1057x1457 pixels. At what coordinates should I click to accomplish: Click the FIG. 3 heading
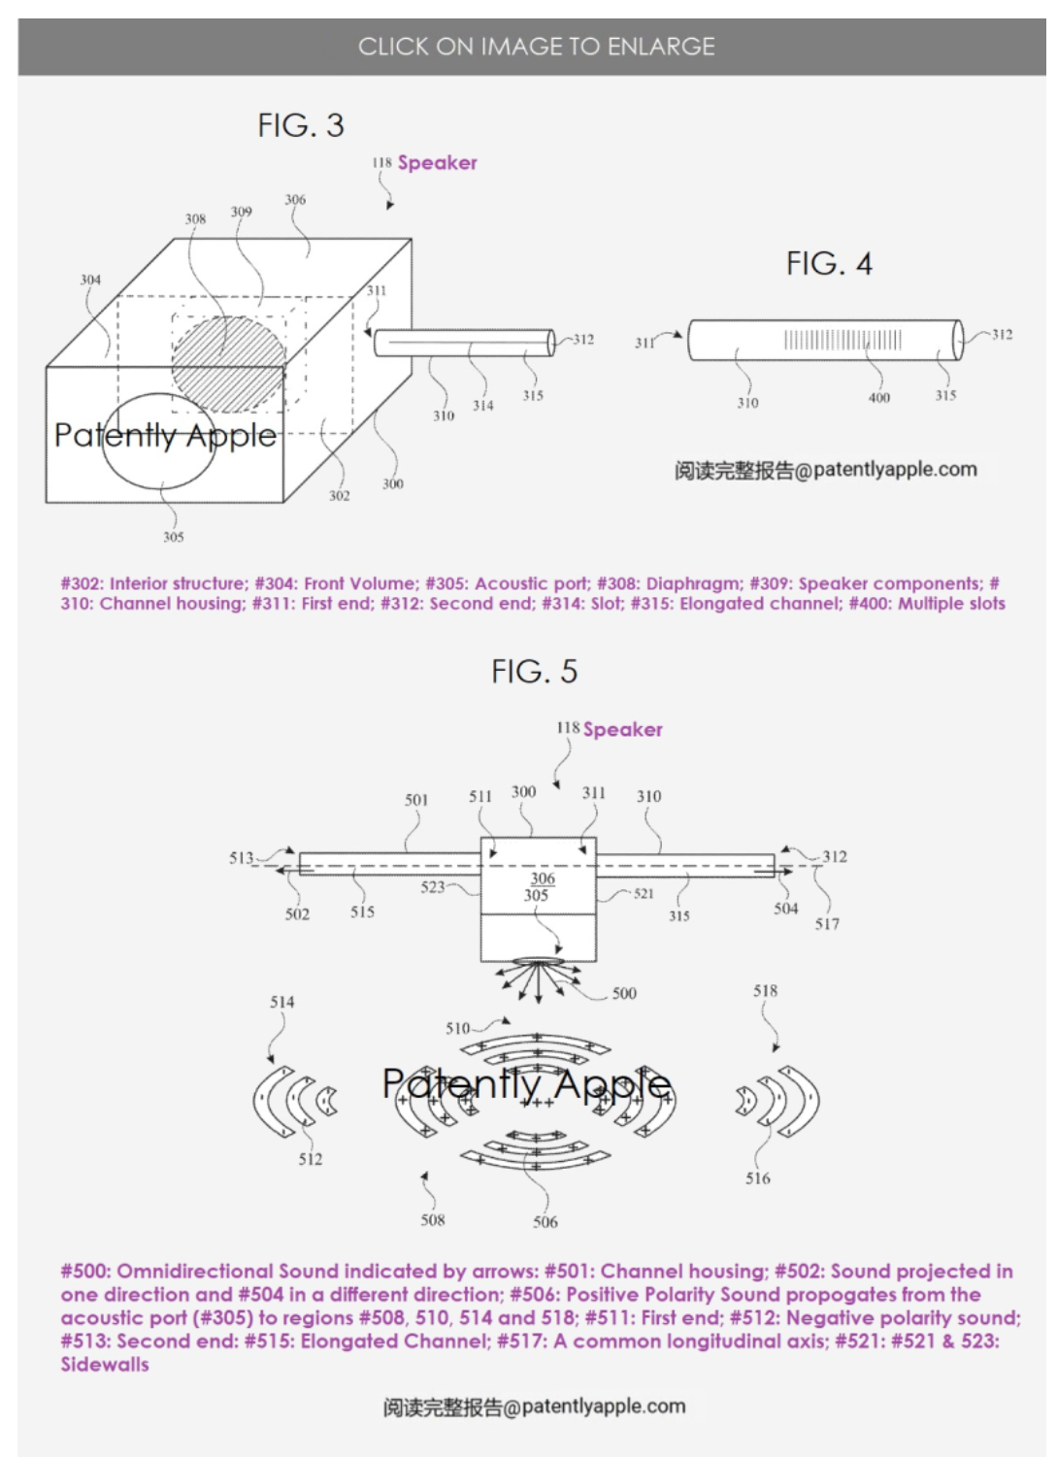click(x=301, y=125)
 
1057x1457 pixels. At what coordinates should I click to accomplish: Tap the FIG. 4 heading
click(x=829, y=263)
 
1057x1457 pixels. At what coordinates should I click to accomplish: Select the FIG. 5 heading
click(x=534, y=671)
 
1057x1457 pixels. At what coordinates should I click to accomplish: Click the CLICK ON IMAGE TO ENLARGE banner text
click(x=536, y=46)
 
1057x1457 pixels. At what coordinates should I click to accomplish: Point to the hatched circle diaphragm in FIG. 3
click(x=229, y=364)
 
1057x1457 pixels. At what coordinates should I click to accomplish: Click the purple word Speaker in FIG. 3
click(x=437, y=162)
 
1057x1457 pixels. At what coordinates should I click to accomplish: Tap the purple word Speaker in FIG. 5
click(x=622, y=729)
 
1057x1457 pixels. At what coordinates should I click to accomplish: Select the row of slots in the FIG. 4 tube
click(x=842, y=340)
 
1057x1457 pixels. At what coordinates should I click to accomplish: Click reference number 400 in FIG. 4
click(x=878, y=397)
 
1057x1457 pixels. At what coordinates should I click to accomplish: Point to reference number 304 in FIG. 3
click(x=90, y=280)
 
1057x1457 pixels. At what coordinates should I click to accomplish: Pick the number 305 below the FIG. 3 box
click(x=173, y=537)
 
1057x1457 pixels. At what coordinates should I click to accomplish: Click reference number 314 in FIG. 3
click(x=482, y=406)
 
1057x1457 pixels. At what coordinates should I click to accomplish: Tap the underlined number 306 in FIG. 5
click(x=543, y=878)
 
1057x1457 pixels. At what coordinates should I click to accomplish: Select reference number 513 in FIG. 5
click(x=241, y=857)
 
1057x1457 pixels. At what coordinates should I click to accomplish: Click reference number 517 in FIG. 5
click(x=827, y=924)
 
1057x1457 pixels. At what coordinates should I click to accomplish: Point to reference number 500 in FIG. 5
click(x=624, y=993)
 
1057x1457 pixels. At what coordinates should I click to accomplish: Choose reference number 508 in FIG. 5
click(x=432, y=1220)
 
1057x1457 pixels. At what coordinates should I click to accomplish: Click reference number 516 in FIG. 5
click(x=757, y=1178)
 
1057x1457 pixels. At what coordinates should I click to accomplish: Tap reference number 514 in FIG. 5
click(x=281, y=1002)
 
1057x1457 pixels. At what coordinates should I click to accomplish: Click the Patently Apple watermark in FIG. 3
click(x=165, y=435)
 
